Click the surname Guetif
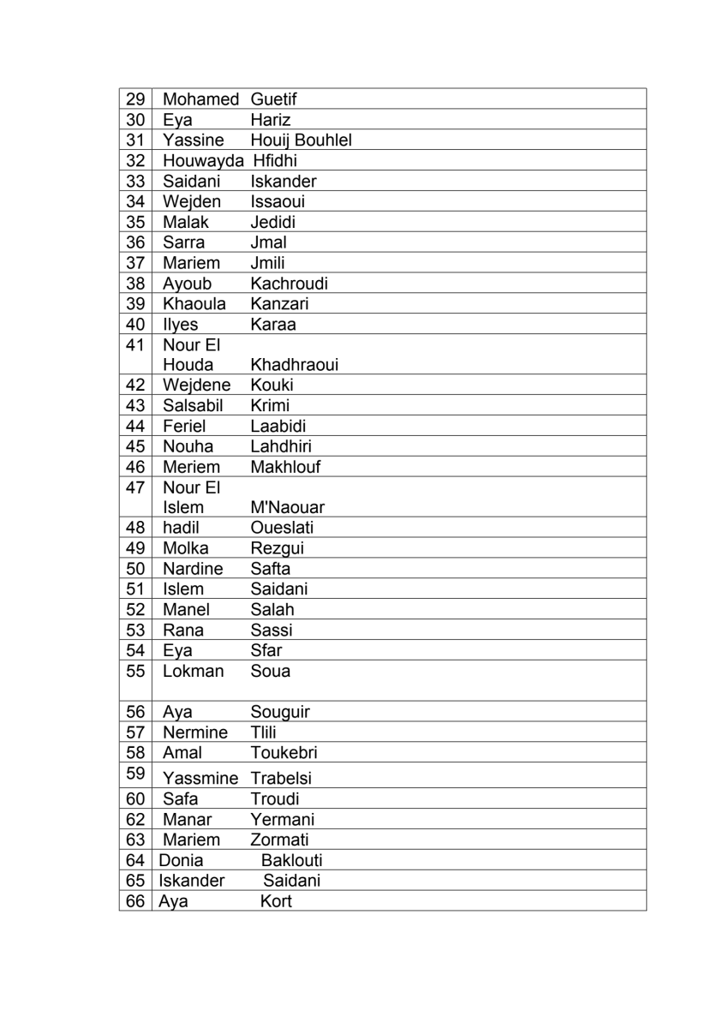point(274,99)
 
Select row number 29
point(135,99)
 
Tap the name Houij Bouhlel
point(301,140)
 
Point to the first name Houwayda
point(200,160)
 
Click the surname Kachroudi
point(289,283)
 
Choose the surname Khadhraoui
point(294,365)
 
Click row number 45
point(135,445)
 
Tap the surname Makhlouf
point(285,467)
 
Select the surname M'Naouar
point(287,508)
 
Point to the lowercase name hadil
point(181,528)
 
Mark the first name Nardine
point(193,569)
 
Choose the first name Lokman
point(193,671)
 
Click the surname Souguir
point(280,712)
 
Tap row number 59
point(135,773)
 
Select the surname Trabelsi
point(281,779)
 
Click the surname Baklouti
point(291,860)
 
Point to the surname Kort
point(276,901)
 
